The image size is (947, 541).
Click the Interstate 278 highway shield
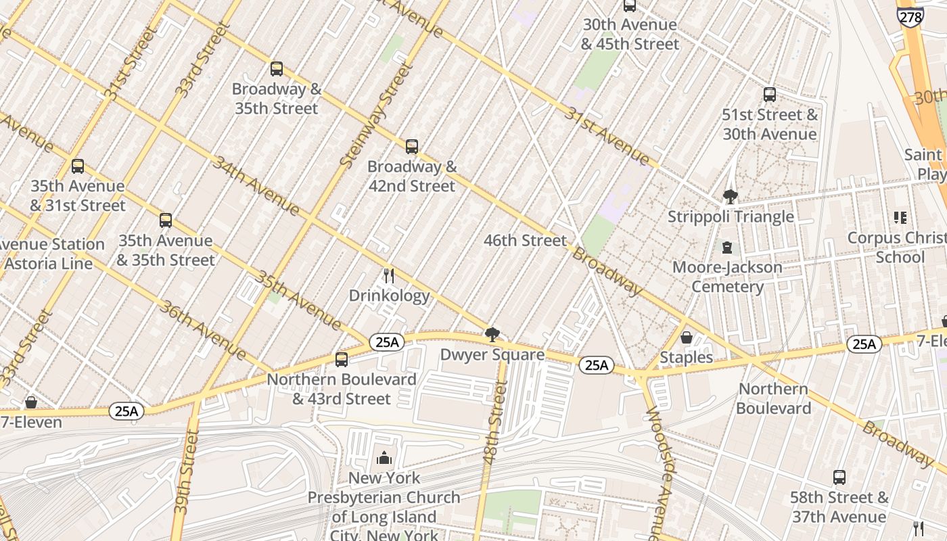click(910, 16)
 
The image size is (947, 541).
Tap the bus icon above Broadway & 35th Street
click(276, 68)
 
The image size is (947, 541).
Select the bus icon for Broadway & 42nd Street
click(411, 146)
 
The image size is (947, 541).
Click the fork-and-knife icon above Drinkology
click(389, 275)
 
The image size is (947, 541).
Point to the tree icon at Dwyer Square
click(492, 334)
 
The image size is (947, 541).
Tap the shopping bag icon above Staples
click(686, 337)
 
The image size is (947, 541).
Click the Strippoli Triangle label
click(731, 217)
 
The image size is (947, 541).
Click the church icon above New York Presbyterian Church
click(384, 458)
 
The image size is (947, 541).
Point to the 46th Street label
click(525, 241)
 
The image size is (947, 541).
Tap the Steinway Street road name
click(376, 115)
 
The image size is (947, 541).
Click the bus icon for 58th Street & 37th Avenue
click(839, 477)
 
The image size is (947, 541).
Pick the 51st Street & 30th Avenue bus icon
click(769, 95)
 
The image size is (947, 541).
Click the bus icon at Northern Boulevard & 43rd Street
click(342, 359)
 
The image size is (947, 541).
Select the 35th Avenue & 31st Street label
click(78, 195)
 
